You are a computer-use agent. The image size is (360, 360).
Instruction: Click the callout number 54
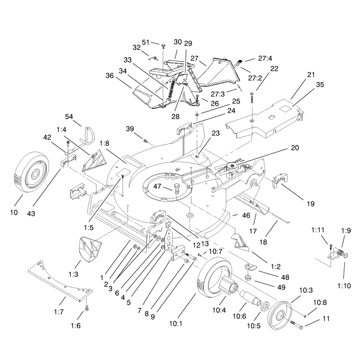tap(69, 117)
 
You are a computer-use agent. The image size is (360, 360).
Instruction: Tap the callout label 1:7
tap(59, 312)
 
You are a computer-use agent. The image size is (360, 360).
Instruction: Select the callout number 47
tap(157, 186)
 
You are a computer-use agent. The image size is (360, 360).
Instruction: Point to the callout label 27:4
tap(265, 58)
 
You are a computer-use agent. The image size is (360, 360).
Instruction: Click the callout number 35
tap(320, 85)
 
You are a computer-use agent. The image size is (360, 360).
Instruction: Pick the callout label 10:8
tap(320, 302)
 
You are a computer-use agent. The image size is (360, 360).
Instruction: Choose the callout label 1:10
tap(344, 286)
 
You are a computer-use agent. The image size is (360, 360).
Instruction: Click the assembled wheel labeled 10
tap(31, 172)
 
